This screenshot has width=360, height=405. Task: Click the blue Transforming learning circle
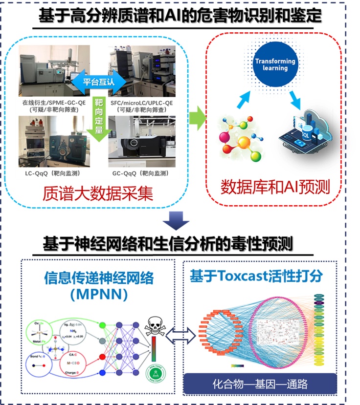[x=275, y=64]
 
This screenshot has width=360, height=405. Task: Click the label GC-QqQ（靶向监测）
[x=140, y=173]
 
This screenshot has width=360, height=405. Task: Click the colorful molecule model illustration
[x=238, y=139]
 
